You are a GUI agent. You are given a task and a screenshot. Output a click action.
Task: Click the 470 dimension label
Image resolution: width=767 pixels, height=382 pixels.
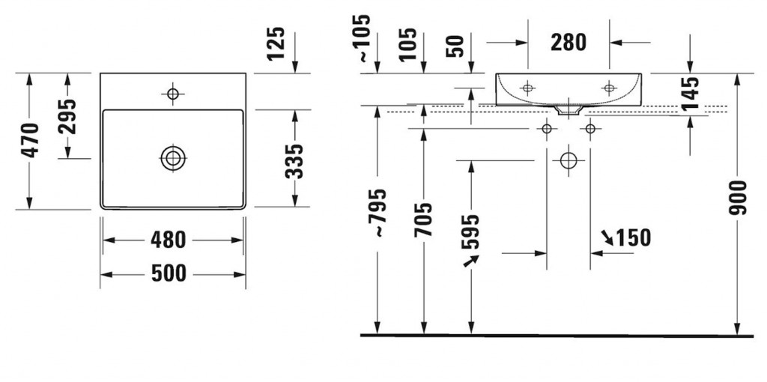click(x=31, y=140)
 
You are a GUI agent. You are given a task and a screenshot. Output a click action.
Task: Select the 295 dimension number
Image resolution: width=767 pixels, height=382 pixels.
click(x=68, y=115)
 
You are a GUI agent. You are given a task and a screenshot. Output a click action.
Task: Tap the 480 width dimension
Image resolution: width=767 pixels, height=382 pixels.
click(x=169, y=240)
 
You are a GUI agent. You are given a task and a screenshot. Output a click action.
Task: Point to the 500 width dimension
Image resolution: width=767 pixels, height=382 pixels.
click(x=169, y=273)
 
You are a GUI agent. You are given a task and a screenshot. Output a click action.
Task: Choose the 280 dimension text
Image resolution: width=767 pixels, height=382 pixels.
click(x=569, y=43)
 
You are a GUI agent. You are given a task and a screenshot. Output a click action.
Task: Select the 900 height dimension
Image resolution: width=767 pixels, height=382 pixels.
click(x=738, y=197)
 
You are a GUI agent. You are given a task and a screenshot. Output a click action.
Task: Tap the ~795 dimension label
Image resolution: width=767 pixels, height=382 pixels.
click(x=379, y=213)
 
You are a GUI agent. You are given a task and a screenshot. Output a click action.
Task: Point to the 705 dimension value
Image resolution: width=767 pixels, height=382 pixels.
click(x=424, y=219)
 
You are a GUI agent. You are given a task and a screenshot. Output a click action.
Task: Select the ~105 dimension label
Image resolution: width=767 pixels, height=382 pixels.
click(x=363, y=38)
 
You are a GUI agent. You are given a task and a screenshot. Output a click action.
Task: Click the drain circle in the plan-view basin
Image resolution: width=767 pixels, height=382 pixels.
click(x=173, y=158)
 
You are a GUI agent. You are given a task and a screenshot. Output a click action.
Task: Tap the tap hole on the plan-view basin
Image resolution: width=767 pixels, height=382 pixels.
click(x=173, y=94)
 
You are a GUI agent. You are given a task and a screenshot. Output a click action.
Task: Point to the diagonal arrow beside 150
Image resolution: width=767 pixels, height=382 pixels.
click(x=606, y=237)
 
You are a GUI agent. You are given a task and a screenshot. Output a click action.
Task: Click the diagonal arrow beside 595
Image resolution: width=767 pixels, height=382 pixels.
click(x=470, y=260)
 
